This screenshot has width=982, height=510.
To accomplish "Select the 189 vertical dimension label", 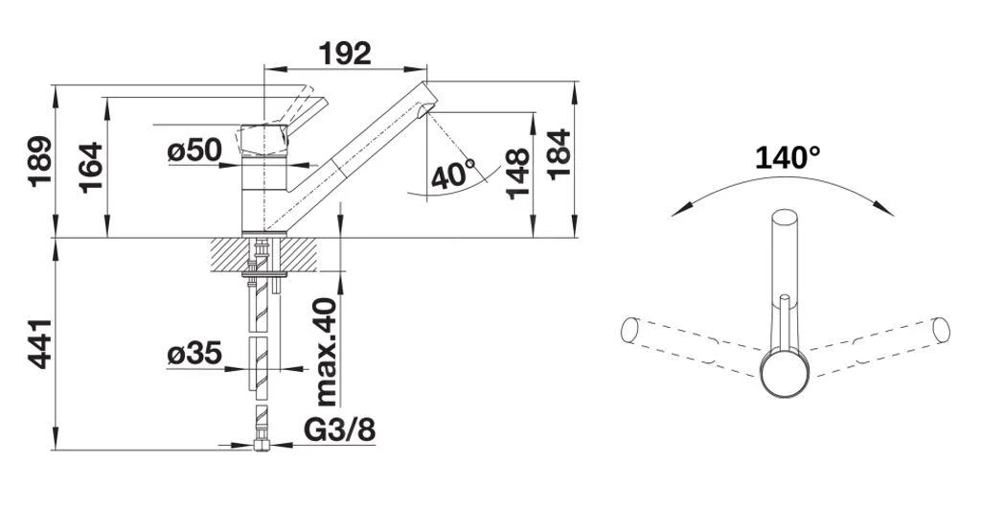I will tap(40, 160).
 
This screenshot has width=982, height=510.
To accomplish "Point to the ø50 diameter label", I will tap(194, 151).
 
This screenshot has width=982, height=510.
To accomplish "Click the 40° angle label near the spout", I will tap(453, 174).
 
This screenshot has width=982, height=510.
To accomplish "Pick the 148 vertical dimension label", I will tap(518, 173).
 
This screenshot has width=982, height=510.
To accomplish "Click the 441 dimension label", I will tap(40, 339).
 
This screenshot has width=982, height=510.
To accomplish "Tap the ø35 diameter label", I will tap(194, 354).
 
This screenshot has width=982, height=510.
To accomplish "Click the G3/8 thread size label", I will tap(339, 430).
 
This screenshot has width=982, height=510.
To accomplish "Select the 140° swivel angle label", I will tap(787, 157).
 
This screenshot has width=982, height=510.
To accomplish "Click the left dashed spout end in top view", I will tap(629, 330).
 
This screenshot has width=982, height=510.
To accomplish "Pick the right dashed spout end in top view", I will tap(941, 330).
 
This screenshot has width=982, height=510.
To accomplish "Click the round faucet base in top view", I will tap(785, 373).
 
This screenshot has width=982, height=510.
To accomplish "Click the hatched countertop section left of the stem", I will tap(225, 255).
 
